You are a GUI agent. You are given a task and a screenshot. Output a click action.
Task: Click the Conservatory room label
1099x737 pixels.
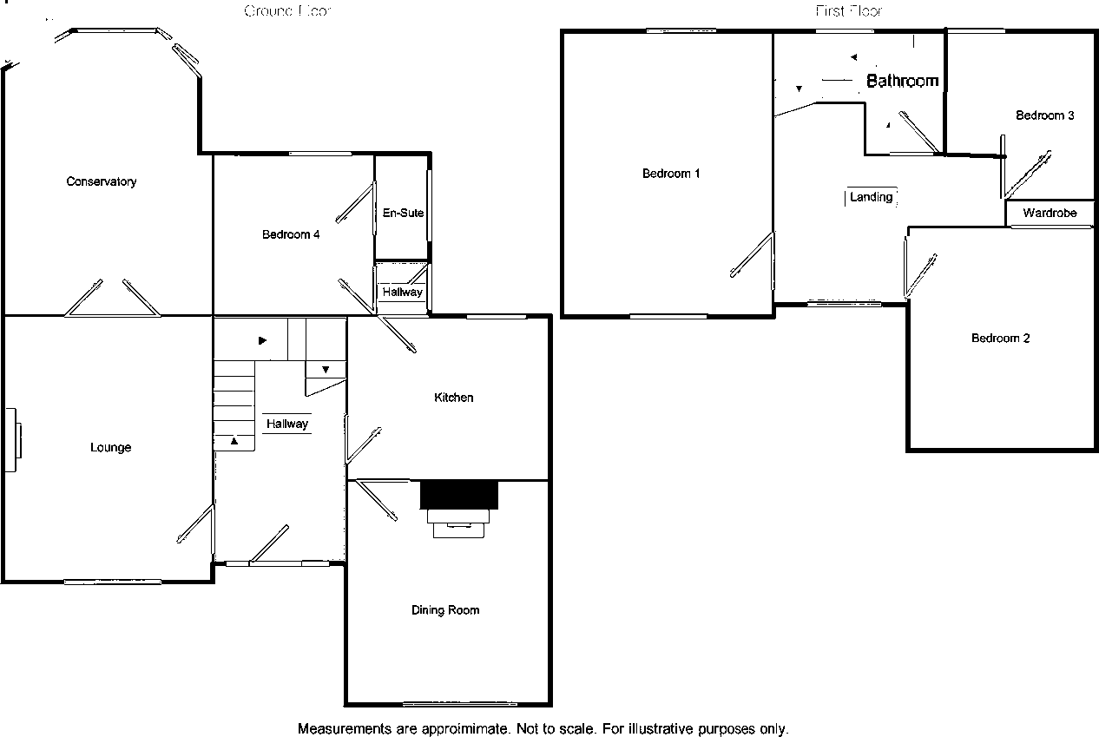(x=102, y=181)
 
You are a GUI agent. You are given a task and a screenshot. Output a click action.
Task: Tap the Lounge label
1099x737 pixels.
(x=111, y=447)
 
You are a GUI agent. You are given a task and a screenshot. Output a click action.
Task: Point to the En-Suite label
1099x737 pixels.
(x=403, y=213)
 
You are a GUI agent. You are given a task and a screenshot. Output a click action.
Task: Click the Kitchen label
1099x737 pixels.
(x=454, y=398)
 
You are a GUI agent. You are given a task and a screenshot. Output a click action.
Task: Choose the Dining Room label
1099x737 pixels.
(x=445, y=610)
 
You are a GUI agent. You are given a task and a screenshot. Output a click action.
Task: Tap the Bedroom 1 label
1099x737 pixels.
(x=671, y=174)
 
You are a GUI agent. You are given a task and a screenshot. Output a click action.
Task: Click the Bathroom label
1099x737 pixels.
(x=903, y=81)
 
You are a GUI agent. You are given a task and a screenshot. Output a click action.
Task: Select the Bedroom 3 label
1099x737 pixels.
(x=1045, y=115)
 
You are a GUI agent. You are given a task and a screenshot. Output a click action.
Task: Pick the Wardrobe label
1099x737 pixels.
(x=1050, y=213)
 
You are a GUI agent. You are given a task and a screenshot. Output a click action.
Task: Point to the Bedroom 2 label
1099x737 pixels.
(x=1000, y=339)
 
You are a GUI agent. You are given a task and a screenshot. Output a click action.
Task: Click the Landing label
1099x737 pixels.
(x=871, y=197)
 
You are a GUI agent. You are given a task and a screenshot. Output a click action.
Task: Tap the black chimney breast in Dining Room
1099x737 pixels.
(x=459, y=495)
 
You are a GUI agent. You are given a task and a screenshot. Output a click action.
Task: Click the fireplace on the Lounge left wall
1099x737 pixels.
(x=14, y=440)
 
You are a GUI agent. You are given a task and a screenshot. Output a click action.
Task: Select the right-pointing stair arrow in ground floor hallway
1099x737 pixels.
(x=262, y=341)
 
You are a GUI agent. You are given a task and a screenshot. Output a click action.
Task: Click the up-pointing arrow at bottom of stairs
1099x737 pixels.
(x=234, y=441)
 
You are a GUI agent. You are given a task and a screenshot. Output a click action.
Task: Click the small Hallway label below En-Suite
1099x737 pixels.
(x=403, y=292)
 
